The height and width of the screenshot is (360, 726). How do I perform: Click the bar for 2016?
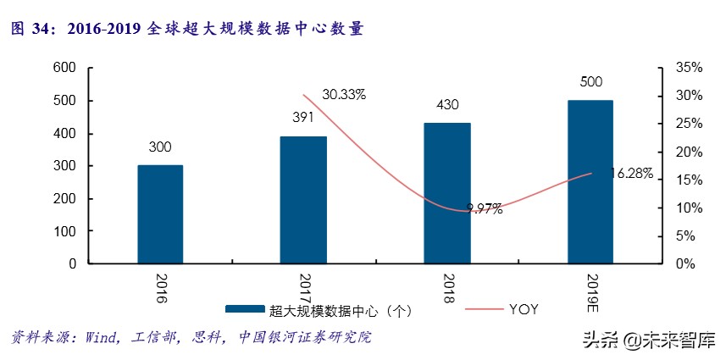(160, 214)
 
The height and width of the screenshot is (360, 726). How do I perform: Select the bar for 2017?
(303, 200)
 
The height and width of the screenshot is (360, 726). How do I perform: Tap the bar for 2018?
(446, 193)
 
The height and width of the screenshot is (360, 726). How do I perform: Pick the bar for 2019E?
(590, 182)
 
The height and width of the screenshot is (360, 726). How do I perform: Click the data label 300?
(160, 147)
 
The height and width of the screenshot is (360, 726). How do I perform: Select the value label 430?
(447, 105)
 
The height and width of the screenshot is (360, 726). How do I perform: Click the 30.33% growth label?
(343, 94)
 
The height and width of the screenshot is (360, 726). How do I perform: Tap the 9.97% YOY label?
(485, 208)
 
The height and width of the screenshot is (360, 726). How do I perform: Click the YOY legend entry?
(523, 310)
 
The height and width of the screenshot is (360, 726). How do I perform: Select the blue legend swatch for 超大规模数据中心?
(245, 311)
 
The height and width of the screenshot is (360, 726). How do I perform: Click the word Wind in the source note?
(103, 337)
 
